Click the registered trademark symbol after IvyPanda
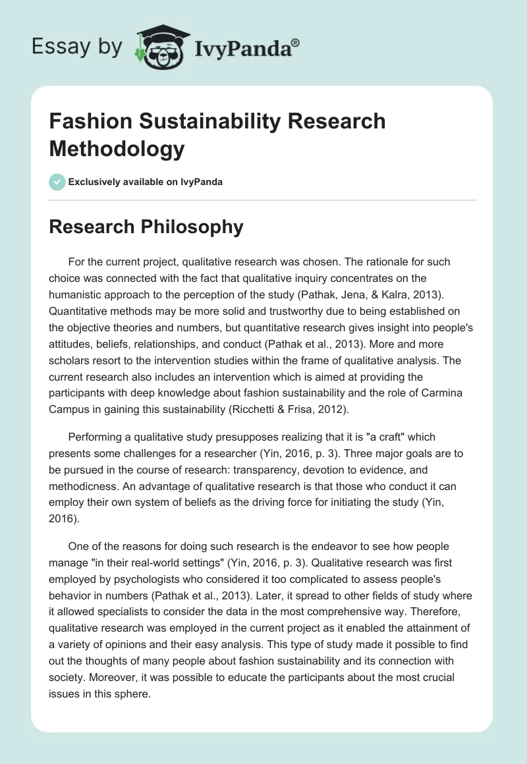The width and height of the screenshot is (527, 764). [x=295, y=43]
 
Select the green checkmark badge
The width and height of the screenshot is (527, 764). [x=57, y=182]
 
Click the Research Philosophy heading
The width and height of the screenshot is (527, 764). [x=146, y=227]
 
